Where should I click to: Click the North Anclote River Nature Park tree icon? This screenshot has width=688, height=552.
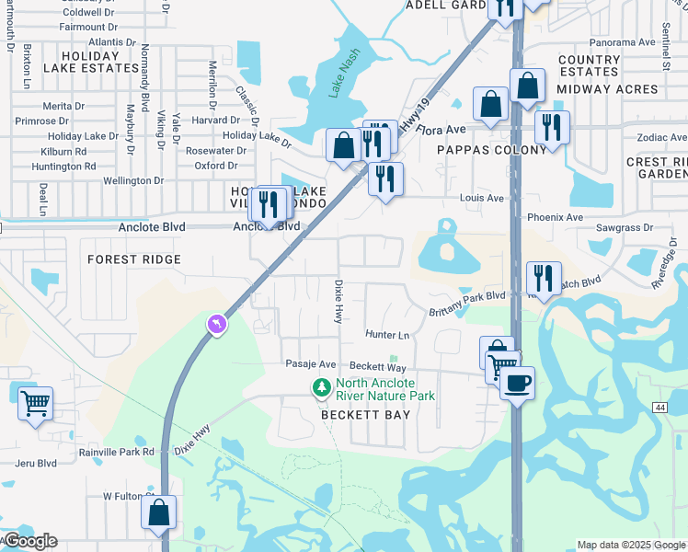click(x=321, y=389)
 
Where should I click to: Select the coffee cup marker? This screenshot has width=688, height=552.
click(x=517, y=383)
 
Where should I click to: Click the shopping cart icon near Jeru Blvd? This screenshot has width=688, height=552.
click(x=35, y=403)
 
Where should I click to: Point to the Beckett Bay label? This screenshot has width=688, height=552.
click(x=364, y=415)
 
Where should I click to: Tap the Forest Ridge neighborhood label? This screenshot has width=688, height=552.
click(x=134, y=259)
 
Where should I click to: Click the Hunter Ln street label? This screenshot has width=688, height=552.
click(x=386, y=336)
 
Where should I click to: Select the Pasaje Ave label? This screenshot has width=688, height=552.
click(x=311, y=365)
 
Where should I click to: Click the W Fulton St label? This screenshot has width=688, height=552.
click(x=126, y=496)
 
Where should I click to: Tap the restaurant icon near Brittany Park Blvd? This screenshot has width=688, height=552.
click(x=544, y=279)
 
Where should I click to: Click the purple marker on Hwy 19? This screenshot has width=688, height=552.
click(x=216, y=325)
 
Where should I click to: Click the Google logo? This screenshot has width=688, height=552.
click(x=29, y=541)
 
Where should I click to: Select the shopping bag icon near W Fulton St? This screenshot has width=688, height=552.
click(x=158, y=513)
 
